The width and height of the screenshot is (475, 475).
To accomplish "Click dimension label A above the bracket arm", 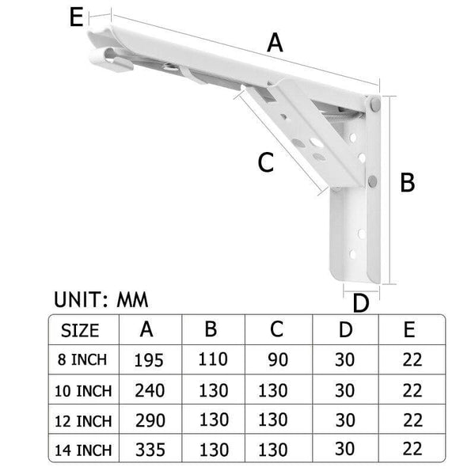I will click(x=275, y=42).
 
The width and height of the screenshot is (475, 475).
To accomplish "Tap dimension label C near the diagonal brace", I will click(x=266, y=162).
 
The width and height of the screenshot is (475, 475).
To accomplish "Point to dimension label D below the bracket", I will click(x=361, y=304).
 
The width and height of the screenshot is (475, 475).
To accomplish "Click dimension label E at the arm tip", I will click(x=77, y=17).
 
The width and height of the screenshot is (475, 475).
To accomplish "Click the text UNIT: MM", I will click(x=101, y=299).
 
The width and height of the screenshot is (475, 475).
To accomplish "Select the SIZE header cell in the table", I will click(x=80, y=330).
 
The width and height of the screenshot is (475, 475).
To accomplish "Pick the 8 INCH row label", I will click(x=84, y=360).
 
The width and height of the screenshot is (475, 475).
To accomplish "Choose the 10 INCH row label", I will click(x=84, y=390).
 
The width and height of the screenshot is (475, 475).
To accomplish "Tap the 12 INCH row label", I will click(x=84, y=420).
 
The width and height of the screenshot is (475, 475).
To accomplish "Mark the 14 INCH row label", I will click(x=84, y=450).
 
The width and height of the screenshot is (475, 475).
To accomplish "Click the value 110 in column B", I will click(x=212, y=360).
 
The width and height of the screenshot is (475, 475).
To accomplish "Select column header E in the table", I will click(x=411, y=329).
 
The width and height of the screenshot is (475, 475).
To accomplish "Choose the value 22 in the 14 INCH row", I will click(x=412, y=450).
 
